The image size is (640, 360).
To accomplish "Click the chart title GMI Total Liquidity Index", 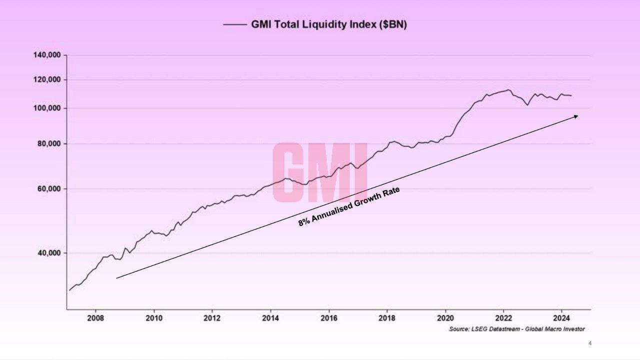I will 329,24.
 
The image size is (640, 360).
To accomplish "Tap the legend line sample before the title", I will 234,24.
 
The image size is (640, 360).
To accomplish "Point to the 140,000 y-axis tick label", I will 47,55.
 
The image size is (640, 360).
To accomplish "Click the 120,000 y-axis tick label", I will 47,80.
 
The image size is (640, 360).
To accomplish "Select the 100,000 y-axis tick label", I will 47,108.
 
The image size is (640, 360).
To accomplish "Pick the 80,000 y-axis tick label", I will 49,144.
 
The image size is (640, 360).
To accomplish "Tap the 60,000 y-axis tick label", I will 49,189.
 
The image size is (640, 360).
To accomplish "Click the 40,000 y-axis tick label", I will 49,253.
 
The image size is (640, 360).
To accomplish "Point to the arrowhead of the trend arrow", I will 576,116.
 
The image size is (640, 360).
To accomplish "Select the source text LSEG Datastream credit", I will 516,329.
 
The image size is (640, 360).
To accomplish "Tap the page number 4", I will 590,343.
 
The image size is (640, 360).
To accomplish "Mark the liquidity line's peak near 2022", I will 508,90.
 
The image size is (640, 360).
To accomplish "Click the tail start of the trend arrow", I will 116,278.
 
